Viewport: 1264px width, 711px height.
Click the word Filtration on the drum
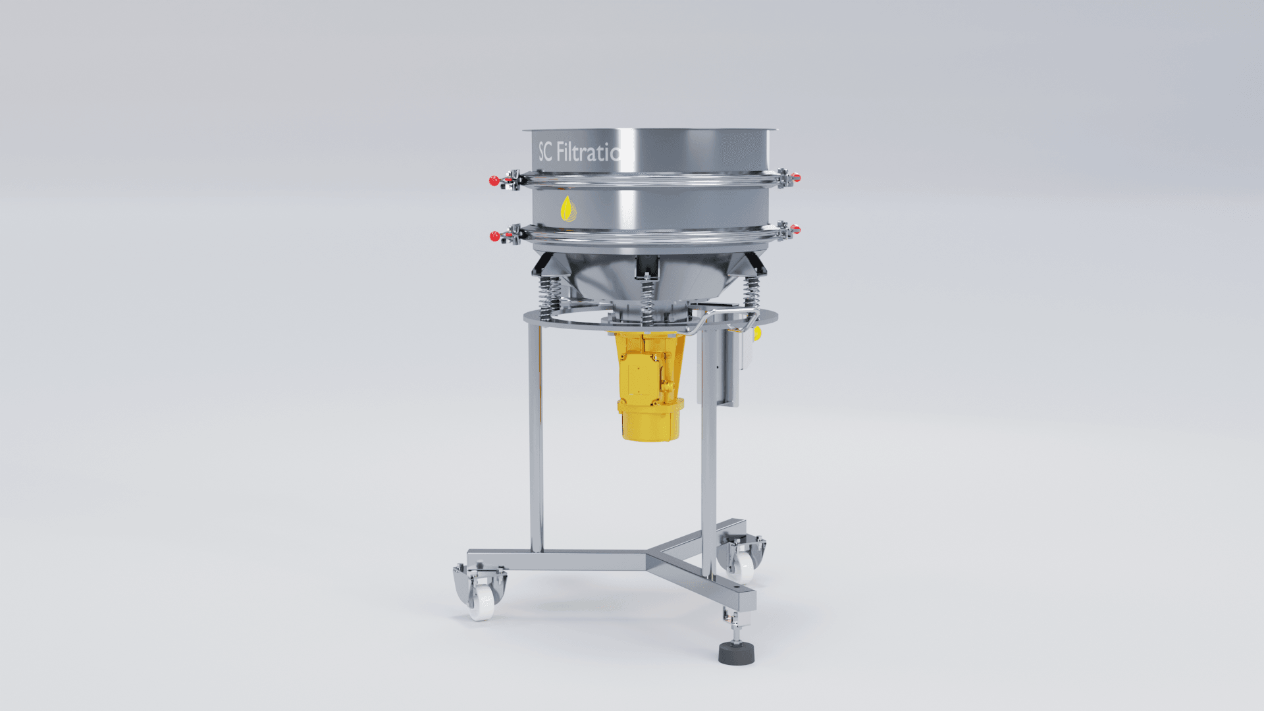coord(588,153)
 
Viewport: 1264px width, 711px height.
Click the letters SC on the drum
coord(545,152)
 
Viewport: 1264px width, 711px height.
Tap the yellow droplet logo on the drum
coord(567,209)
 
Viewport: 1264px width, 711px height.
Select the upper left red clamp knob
coord(494,180)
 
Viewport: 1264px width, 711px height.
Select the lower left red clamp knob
coord(494,236)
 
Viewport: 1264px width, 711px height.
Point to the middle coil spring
coord(648,300)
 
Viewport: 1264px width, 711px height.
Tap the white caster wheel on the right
coord(743,566)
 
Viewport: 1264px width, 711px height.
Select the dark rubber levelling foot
coord(736,654)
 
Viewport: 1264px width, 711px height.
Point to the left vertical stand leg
coord(536,434)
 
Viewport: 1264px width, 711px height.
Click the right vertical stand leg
coord(708,448)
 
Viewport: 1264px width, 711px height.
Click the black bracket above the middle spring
coord(646,266)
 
